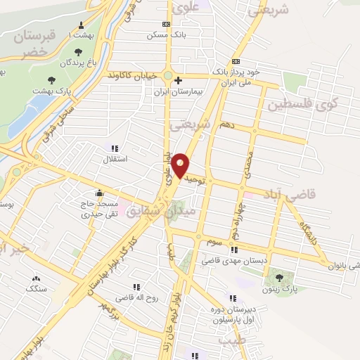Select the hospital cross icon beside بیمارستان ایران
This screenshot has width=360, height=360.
tap(179, 80)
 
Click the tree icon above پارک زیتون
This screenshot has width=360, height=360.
tap(281, 278)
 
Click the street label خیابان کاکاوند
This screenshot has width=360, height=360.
tap(134, 75)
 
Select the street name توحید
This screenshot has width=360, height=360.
tap(194, 179)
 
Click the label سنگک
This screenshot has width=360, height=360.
tap(36, 288)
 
